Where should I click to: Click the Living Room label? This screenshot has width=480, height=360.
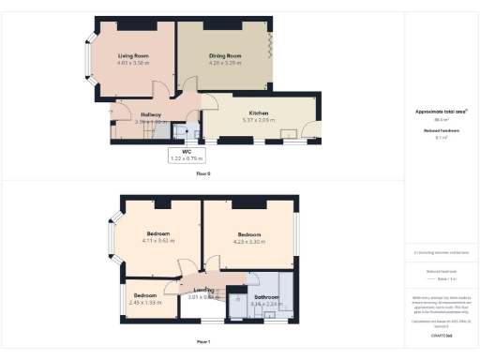pyautogui.click(x=133, y=56)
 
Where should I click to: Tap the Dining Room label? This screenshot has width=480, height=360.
pyautogui.click(x=224, y=56)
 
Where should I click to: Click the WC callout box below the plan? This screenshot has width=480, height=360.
pyautogui.click(x=187, y=155)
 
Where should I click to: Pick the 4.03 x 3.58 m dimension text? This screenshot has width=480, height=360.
pyautogui.click(x=133, y=65)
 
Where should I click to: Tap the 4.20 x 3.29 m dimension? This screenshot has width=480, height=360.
pyautogui.click(x=224, y=65)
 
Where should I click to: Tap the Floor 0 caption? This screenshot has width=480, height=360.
pyautogui.click(x=203, y=173)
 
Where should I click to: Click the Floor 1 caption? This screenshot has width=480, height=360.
pyautogui.click(x=203, y=341)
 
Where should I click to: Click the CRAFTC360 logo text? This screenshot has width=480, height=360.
pyautogui.click(x=441, y=333)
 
